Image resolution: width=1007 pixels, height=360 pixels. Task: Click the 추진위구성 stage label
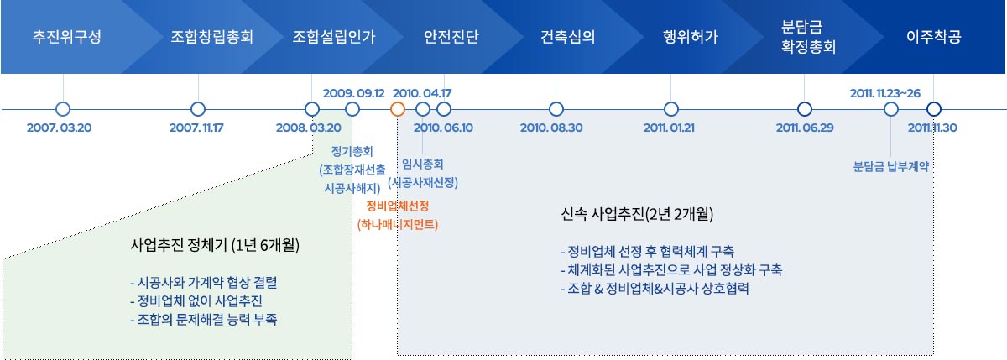click(x=67, y=36)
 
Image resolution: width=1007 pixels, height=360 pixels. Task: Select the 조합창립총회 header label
click(x=211, y=36)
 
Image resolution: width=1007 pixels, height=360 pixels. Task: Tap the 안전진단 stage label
click(x=451, y=36)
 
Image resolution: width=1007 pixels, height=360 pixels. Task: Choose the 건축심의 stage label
click(x=568, y=36)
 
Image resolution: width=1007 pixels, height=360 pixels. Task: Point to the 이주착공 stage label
click(x=934, y=36)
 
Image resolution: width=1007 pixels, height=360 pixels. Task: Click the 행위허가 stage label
click(x=691, y=36)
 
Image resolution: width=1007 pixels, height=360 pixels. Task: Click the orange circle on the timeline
click(x=398, y=109)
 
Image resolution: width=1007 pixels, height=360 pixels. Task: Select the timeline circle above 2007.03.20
click(x=63, y=109)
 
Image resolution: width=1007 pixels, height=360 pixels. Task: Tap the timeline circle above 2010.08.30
click(x=556, y=109)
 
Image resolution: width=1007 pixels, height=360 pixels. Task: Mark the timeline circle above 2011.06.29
click(x=804, y=109)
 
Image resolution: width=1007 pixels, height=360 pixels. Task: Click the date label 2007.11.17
click(x=196, y=128)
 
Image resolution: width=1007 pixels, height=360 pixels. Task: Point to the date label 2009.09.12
click(x=354, y=93)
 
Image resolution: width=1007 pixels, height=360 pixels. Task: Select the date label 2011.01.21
click(x=669, y=128)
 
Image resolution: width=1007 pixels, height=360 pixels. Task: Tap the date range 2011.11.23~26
click(x=885, y=93)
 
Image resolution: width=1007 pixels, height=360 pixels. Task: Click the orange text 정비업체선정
click(x=398, y=206)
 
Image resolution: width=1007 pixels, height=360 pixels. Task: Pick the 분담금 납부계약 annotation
click(x=891, y=167)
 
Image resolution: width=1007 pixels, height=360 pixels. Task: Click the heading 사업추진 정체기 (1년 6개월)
click(x=215, y=245)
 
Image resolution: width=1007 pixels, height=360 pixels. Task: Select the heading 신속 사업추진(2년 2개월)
click(x=637, y=214)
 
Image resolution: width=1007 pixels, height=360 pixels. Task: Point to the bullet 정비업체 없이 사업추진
click(x=196, y=300)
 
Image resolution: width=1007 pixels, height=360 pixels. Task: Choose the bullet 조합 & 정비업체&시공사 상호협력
click(x=655, y=288)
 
